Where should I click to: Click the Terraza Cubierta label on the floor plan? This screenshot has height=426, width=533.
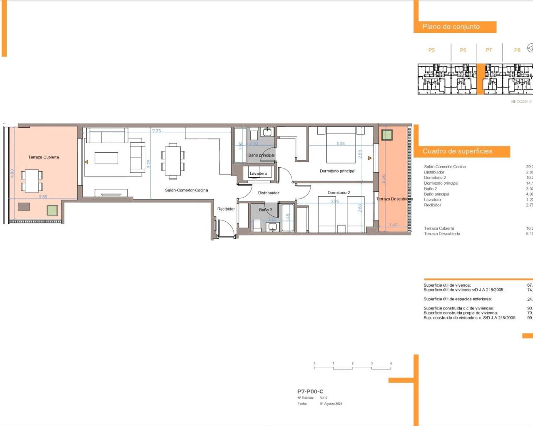click(x=43, y=157)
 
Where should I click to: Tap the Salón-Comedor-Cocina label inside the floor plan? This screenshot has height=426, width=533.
click(x=186, y=190)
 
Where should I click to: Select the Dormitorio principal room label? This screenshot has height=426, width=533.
click(x=337, y=171)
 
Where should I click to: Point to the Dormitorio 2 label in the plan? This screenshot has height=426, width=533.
click(x=339, y=193)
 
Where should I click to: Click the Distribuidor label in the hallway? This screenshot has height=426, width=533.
click(x=268, y=193)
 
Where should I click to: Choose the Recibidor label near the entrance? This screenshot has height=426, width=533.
click(x=226, y=209)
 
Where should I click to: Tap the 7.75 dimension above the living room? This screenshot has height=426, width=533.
click(x=156, y=131)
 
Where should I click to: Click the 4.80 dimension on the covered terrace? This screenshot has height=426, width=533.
click(x=12, y=173)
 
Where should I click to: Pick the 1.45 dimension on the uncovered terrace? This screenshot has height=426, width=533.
click(x=393, y=225)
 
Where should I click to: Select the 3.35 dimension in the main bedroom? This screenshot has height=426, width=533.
click(x=340, y=144)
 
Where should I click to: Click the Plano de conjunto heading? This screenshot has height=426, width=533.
click(x=451, y=27)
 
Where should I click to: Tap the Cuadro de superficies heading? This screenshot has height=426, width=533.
click(x=457, y=151)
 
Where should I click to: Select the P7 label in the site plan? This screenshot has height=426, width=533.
click(x=488, y=50)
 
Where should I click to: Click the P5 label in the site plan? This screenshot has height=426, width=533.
click(x=431, y=50)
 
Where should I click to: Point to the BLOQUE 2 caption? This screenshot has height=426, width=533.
click(x=521, y=102)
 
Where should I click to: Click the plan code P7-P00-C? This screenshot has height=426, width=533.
click(x=310, y=391)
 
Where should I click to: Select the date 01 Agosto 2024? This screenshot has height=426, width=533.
click(x=331, y=404)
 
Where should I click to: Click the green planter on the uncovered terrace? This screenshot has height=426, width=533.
click(x=387, y=135)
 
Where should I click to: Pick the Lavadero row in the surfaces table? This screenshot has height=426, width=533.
click(x=432, y=200)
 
